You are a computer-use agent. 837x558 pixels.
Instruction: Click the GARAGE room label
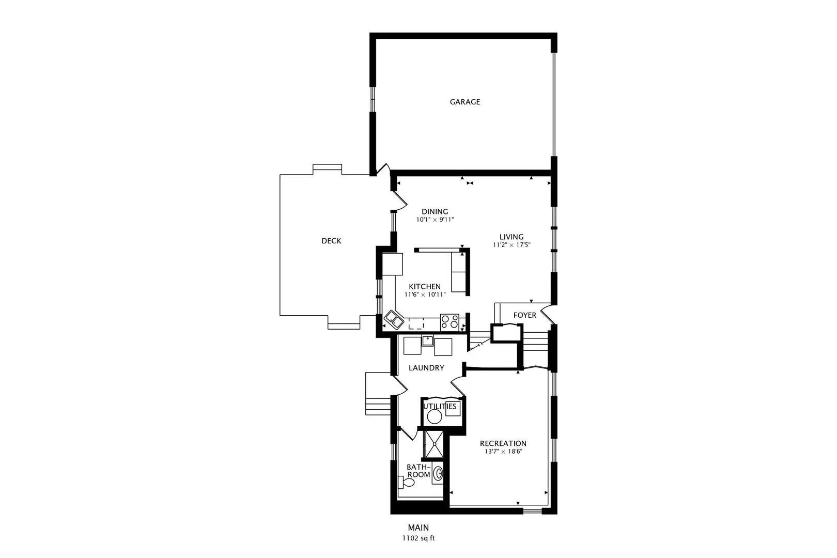pos(465,102)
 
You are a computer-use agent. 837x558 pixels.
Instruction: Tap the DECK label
pos(331,241)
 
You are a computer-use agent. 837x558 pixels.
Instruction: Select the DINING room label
pos(435,211)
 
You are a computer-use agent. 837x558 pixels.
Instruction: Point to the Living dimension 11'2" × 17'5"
pos(512,245)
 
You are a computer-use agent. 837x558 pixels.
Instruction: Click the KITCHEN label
pos(425,287)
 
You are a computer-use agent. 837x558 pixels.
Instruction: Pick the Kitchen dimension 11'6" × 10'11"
pos(425,295)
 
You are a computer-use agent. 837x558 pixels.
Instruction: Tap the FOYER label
pos(524,316)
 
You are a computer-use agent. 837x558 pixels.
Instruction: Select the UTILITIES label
pos(440,406)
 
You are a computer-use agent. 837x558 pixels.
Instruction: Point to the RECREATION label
pos(503,444)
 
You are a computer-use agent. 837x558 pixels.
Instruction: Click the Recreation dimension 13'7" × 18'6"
pos(503,452)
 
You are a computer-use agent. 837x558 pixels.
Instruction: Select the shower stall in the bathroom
pos(434,444)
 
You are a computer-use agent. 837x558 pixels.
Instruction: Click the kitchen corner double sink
pos(394,320)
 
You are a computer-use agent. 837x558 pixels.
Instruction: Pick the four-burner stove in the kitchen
pos(450,322)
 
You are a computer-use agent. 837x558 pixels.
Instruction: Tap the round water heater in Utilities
pos(434,417)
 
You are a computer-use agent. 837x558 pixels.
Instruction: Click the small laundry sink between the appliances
pos(427,341)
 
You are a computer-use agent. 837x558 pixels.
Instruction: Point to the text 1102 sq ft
pos(419,538)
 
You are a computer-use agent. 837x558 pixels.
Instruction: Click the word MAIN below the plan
pos(419,528)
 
